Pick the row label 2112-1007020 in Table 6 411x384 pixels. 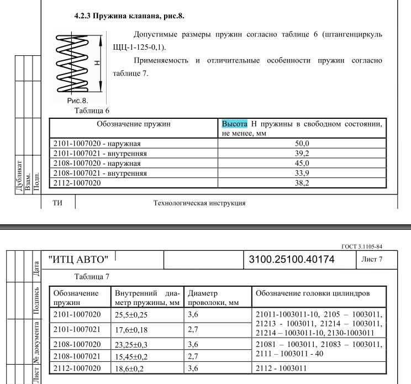77,183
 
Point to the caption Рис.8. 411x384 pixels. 78,101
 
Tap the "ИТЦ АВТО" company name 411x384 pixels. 82,258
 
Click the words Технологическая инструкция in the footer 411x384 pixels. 199,203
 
